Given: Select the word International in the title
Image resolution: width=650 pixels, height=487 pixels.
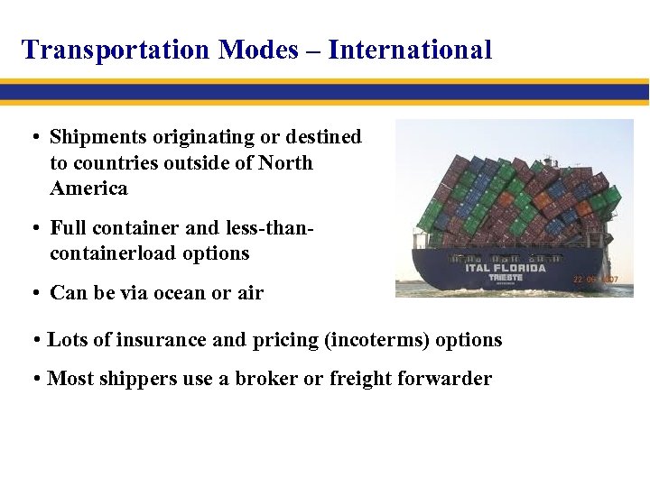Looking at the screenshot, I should (410, 50).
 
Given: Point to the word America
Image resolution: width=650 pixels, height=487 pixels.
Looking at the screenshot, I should (88, 188).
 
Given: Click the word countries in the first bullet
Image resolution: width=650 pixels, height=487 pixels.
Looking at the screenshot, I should (111, 163).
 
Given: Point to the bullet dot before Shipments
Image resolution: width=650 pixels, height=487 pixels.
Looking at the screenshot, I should (32, 138).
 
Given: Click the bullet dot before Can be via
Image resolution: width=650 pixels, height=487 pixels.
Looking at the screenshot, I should (32, 293).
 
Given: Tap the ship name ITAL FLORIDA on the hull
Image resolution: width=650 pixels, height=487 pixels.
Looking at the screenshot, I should (505, 268).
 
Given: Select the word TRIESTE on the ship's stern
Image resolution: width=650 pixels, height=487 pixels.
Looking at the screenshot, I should (506, 278).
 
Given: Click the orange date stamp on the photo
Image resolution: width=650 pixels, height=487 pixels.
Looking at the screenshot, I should (595, 280).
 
